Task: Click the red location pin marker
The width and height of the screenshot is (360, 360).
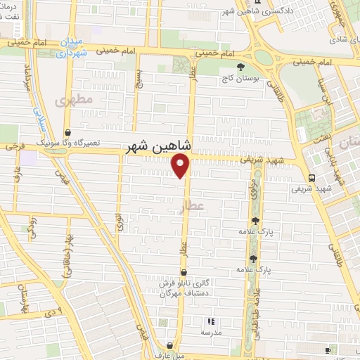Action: (x=181, y=165)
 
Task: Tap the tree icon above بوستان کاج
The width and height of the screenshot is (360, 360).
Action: (x=242, y=67)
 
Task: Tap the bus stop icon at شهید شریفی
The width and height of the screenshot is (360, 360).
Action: (x=311, y=177)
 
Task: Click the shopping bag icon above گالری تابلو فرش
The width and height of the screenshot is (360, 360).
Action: (x=184, y=272)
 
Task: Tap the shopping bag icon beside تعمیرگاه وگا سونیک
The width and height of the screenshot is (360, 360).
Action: (x=67, y=131)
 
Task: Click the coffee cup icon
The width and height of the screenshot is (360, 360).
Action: (x=328, y=350)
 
